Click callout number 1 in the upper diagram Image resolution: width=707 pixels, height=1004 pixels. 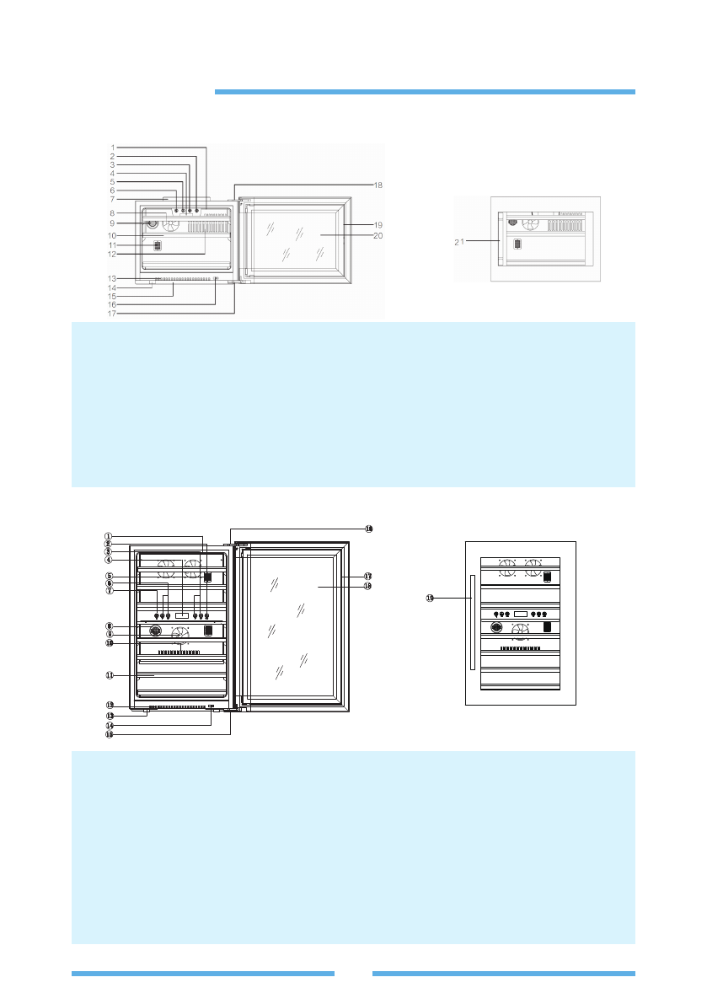pyautogui.click(x=113, y=148)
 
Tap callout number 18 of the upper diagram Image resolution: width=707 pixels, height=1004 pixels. pyautogui.click(x=378, y=184)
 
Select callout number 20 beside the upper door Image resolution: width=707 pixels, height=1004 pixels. pyautogui.click(x=378, y=236)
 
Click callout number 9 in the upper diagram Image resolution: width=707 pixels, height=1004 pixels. pyautogui.click(x=113, y=223)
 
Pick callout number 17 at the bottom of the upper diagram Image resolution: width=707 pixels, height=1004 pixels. pyautogui.click(x=113, y=314)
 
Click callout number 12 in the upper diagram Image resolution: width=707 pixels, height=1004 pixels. pyautogui.click(x=113, y=253)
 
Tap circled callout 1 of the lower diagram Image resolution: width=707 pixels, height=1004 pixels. pyautogui.click(x=108, y=534)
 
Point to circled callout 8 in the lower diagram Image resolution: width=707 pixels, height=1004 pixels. pyautogui.click(x=108, y=625)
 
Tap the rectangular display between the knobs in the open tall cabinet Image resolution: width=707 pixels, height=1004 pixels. pyautogui.click(x=182, y=617)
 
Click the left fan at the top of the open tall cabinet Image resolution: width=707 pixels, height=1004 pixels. pyautogui.click(x=166, y=564)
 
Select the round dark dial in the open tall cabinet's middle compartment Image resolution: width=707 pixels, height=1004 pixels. pyautogui.click(x=156, y=631)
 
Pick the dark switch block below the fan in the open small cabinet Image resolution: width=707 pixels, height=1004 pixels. pyautogui.click(x=157, y=247)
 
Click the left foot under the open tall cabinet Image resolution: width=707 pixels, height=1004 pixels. pyautogui.click(x=146, y=713)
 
